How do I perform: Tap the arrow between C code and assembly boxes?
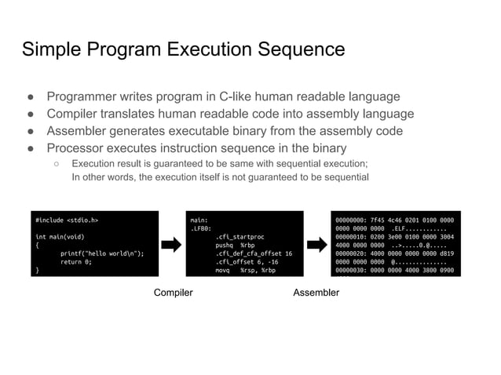coord(172,244)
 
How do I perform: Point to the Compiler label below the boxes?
coord(173,293)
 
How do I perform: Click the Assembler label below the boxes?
coord(316,293)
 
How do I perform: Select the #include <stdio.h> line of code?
coord(67,220)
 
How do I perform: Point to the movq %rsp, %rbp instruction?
coord(245,270)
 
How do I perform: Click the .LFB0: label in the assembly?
coord(201,228)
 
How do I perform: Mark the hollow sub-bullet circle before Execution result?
coord(57,163)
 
